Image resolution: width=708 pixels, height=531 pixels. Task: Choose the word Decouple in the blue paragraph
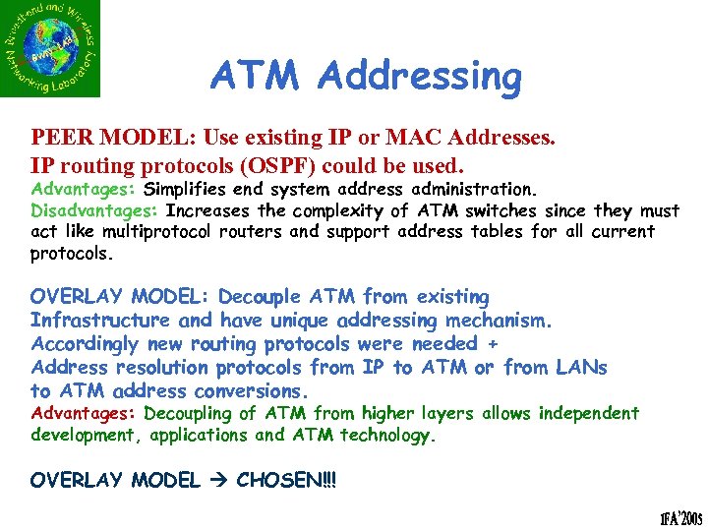(259, 297)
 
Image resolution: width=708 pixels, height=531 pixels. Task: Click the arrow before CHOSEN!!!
(217, 481)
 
